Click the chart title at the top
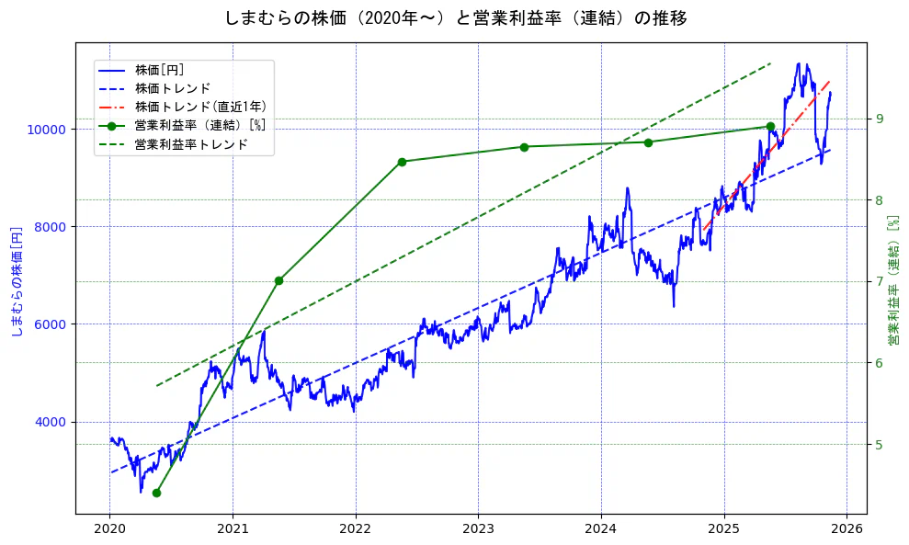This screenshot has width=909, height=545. [455, 17]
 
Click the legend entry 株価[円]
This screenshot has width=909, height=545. [160, 70]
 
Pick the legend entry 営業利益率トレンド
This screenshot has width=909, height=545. [191, 144]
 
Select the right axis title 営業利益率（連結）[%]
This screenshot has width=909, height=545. [892, 280]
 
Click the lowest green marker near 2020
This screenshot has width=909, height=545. [156, 493]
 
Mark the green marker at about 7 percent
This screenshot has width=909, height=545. [278, 280]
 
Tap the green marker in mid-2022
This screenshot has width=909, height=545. [402, 162]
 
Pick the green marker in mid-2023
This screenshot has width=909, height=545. [524, 147]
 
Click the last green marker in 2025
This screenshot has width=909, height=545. [770, 127]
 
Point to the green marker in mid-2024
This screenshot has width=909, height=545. [648, 142]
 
